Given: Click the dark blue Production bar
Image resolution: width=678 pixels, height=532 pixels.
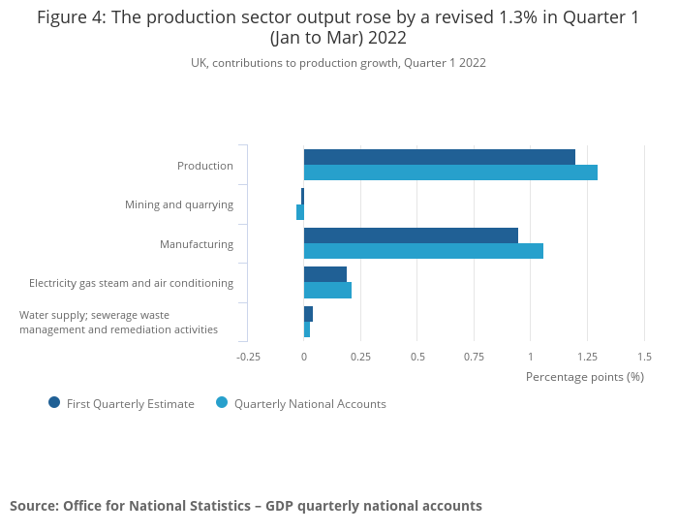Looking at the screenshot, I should point(439,157).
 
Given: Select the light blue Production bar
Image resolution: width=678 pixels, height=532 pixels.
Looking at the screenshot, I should point(450,172).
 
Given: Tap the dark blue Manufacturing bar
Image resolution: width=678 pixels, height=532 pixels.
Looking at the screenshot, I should point(411,235).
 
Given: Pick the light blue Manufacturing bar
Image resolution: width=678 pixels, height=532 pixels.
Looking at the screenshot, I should point(423,251).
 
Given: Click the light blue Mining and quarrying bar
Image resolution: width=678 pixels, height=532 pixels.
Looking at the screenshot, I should point(300,212).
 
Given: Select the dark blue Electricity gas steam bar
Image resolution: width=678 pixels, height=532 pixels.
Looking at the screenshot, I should point(325,274).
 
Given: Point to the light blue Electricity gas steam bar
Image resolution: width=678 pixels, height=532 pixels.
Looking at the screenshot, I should point(327,290).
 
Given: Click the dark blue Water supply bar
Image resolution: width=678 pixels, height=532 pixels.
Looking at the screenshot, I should point(308,314).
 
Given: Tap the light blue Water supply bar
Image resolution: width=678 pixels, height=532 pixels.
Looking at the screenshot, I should point(307,329).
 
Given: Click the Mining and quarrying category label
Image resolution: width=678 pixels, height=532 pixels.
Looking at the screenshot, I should point(179,204).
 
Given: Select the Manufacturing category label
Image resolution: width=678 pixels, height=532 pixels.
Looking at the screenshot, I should point(197,244).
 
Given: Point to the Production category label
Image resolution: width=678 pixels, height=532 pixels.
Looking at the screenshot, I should point(205,166).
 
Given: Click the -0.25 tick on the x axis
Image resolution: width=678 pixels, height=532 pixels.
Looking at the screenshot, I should point(249,357).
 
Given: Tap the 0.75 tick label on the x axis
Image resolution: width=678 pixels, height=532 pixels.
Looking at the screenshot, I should point(474,357).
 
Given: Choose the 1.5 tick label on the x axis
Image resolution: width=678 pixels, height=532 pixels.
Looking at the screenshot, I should point(644,357).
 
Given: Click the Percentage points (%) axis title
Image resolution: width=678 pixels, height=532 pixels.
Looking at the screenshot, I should point(584,376).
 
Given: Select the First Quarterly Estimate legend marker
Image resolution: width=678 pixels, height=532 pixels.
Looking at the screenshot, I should point(54,403).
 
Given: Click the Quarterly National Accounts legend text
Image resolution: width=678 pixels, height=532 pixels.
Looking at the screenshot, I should point(310,404).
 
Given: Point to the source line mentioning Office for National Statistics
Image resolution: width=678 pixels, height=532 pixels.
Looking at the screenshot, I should point(246,506).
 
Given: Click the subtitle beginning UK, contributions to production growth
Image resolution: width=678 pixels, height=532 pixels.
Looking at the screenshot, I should point(338,63).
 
